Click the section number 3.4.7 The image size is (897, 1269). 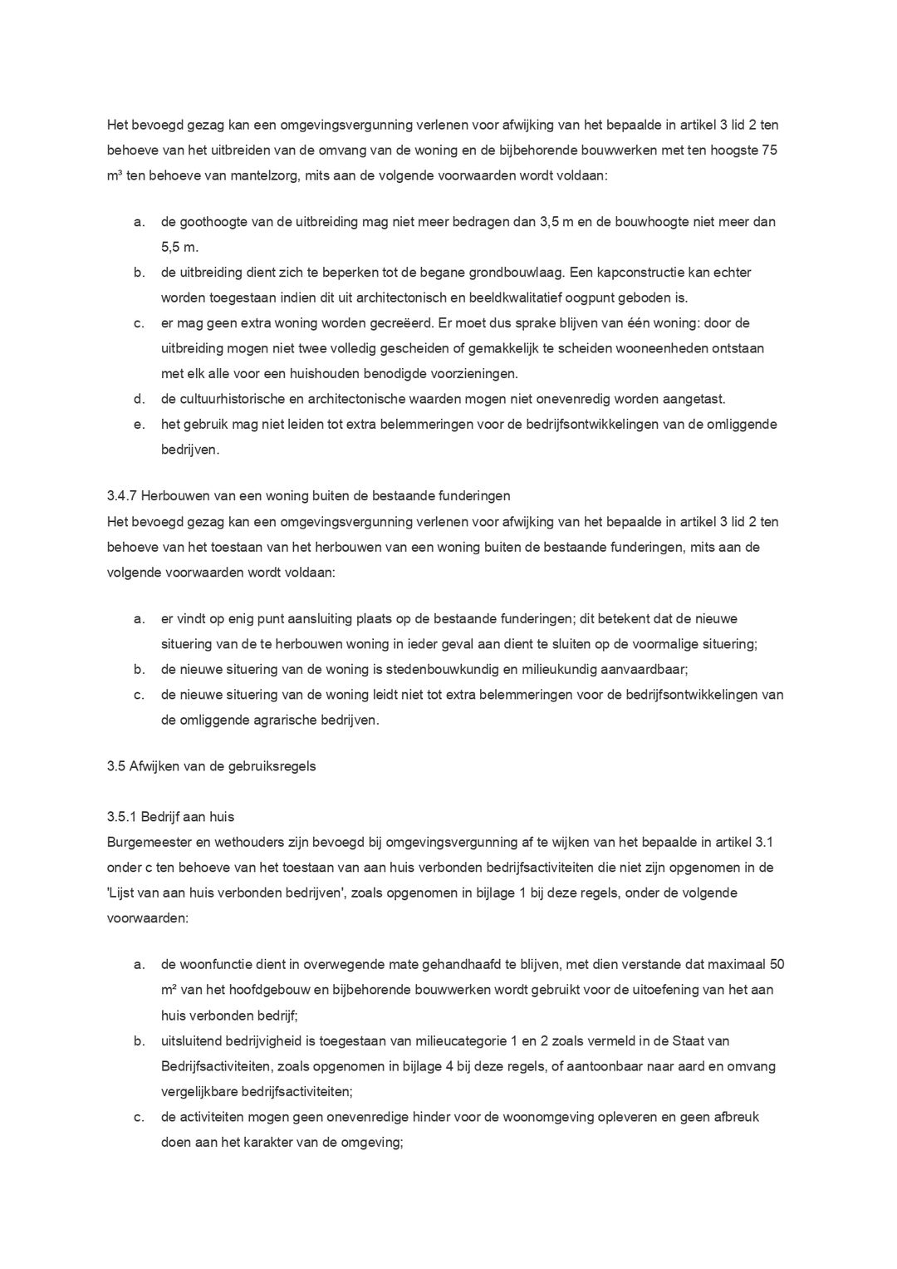122,496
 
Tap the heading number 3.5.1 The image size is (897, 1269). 122,817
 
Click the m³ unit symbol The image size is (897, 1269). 115,176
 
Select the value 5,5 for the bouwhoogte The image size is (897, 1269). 173,248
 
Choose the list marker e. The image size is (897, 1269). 139,425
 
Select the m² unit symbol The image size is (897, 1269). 168,990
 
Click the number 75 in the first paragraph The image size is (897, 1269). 769,151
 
